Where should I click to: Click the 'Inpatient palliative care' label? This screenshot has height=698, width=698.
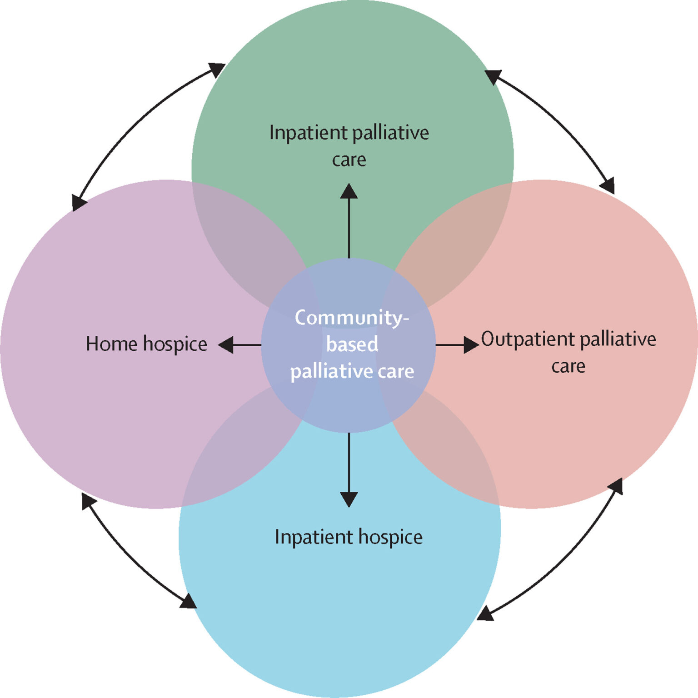(349, 145)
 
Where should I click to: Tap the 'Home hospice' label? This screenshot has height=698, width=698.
(146, 344)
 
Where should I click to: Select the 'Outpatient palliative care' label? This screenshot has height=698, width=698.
(568, 352)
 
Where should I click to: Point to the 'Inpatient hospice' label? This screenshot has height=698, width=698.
(349, 537)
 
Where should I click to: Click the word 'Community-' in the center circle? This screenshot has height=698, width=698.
(352, 317)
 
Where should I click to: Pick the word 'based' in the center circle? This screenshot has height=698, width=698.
(352, 344)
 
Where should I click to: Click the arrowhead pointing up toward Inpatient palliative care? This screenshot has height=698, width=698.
(349, 191)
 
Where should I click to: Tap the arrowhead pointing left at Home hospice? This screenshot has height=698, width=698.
(226, 345)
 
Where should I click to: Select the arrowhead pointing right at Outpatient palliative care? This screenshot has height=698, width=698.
(471, 345)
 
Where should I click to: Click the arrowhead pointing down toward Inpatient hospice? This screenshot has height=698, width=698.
(349, 499)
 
